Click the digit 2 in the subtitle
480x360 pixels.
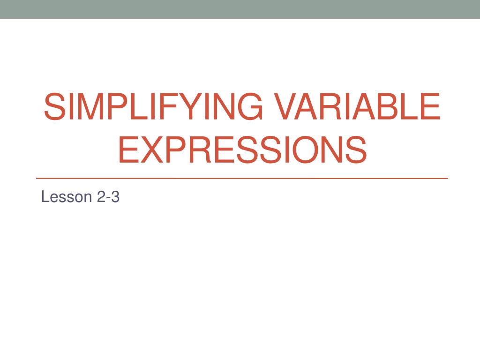pos(102,197)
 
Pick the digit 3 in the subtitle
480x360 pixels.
pos(115,197)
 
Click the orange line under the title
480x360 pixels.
pos(242,179)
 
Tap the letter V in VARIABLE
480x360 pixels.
pos(286,107)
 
